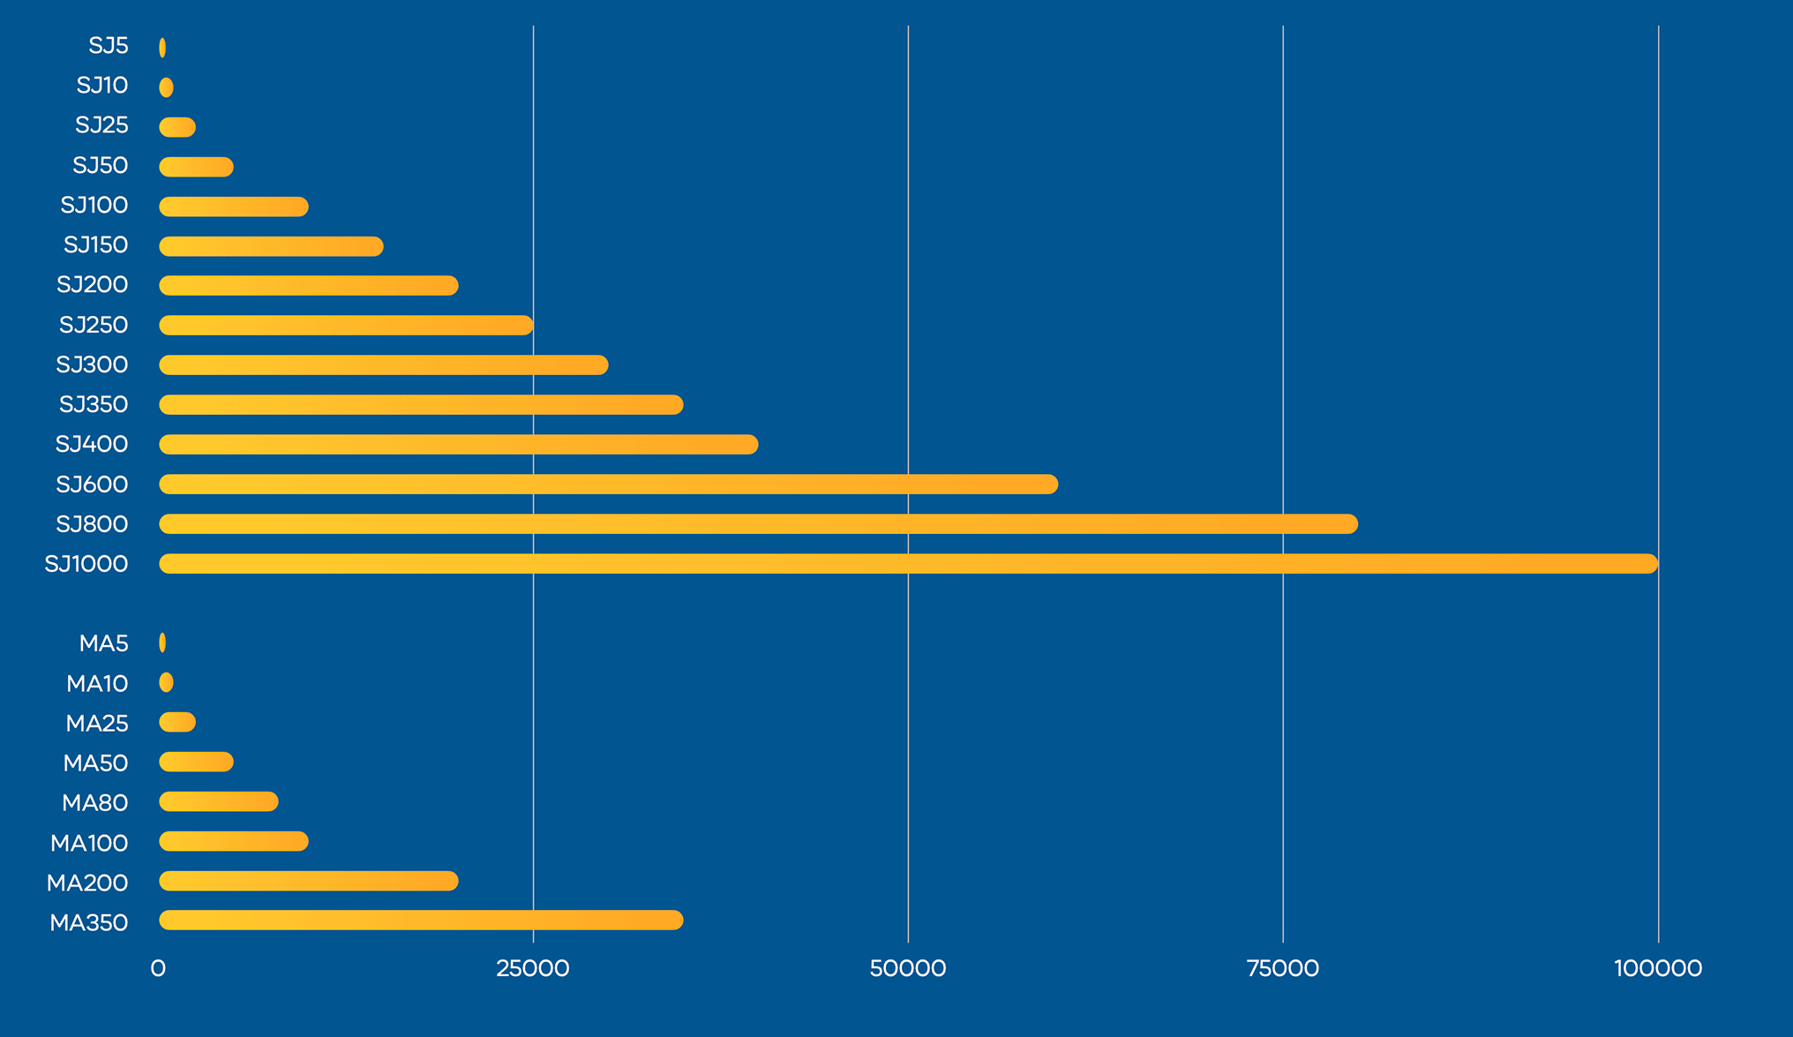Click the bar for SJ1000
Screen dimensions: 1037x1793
point(908,564)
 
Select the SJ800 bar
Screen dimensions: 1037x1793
point(758,524)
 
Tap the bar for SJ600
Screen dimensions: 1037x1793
point(608,485)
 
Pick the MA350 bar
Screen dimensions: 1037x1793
point(421,921)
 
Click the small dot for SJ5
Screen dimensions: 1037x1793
point(162,48)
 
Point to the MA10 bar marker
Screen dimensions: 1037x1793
point(166,682)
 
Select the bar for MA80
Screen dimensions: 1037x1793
point(218,801)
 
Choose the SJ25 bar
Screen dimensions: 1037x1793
point(177,127)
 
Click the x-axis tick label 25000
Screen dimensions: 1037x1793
point(532,968)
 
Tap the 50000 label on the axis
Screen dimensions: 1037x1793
point(907,968)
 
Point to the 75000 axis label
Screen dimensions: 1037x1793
point(1282,968)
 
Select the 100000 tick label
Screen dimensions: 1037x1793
point(1657,968)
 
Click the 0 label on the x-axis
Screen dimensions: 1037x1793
point(158,968)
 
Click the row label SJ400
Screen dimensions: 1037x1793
point(92,444)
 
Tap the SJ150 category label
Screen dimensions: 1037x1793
point(95,244)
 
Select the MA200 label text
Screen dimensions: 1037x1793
point(87,883)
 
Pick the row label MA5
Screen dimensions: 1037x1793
point(103,643)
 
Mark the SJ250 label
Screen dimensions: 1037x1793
point(94,325)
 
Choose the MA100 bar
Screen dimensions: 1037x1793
point(233,841)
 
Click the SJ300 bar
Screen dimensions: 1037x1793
point(383,364)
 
